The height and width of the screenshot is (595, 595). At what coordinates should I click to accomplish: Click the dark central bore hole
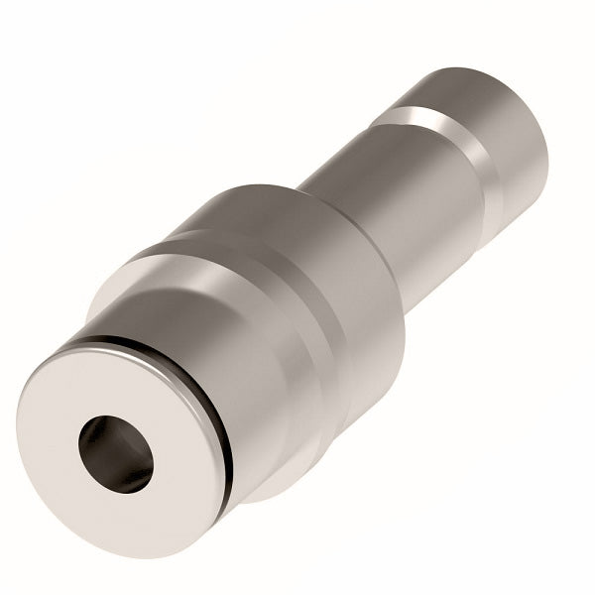[x=116, y=454]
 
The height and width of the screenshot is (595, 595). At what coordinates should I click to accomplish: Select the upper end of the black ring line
[x=94, y=342]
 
